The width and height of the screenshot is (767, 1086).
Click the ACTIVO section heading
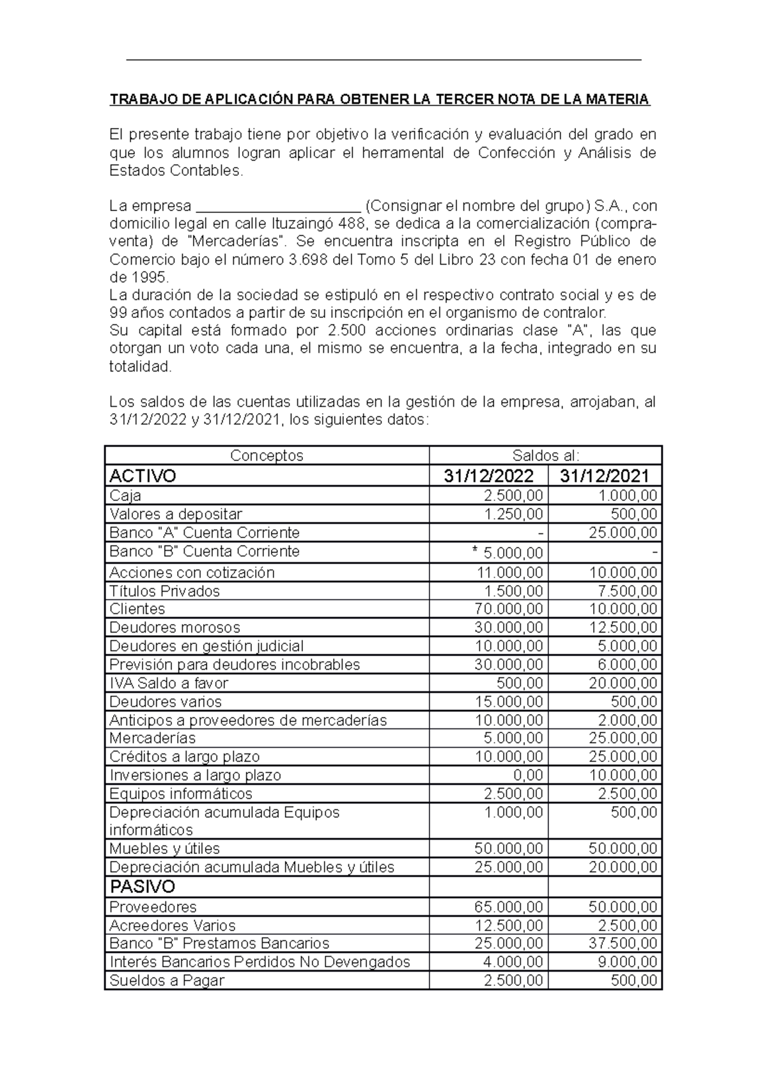point(143,476)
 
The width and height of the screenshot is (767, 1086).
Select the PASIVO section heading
point(142,887)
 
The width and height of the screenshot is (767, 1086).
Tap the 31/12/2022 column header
point(489,476)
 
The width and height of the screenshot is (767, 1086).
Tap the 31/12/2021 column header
point(605,476)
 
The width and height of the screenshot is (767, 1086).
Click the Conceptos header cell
point(267,455)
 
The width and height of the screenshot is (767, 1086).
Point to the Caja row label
point(125,496)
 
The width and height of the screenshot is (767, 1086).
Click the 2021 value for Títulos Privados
point(623,591)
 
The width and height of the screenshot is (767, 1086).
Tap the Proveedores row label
point(153,907)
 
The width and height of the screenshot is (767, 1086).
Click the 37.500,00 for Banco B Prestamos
point(623,943)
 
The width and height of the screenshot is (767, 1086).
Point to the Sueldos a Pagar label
point(167,980)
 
